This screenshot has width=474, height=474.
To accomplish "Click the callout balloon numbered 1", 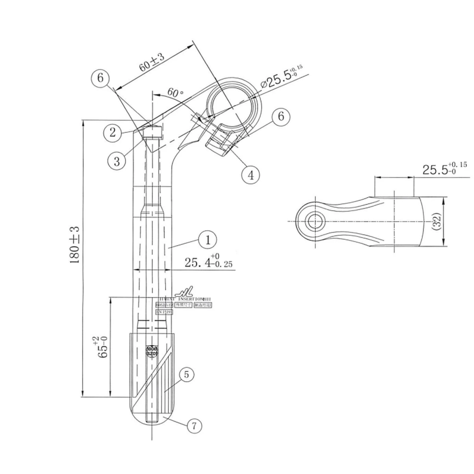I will (208, 240).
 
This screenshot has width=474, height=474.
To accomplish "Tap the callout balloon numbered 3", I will (117, 161).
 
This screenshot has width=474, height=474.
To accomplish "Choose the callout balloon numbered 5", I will (186, 374).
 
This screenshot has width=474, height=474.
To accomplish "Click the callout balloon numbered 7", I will (194, 426).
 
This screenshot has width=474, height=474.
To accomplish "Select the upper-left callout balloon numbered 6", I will (100, 78).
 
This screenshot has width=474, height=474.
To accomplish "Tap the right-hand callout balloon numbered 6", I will (281, 116).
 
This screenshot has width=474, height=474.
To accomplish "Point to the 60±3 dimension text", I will (152, 63).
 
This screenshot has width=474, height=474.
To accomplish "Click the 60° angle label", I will (175, 92).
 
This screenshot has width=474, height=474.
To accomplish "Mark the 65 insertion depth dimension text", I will (102, 347).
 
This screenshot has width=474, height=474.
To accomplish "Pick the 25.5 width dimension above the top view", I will (444, 169).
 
